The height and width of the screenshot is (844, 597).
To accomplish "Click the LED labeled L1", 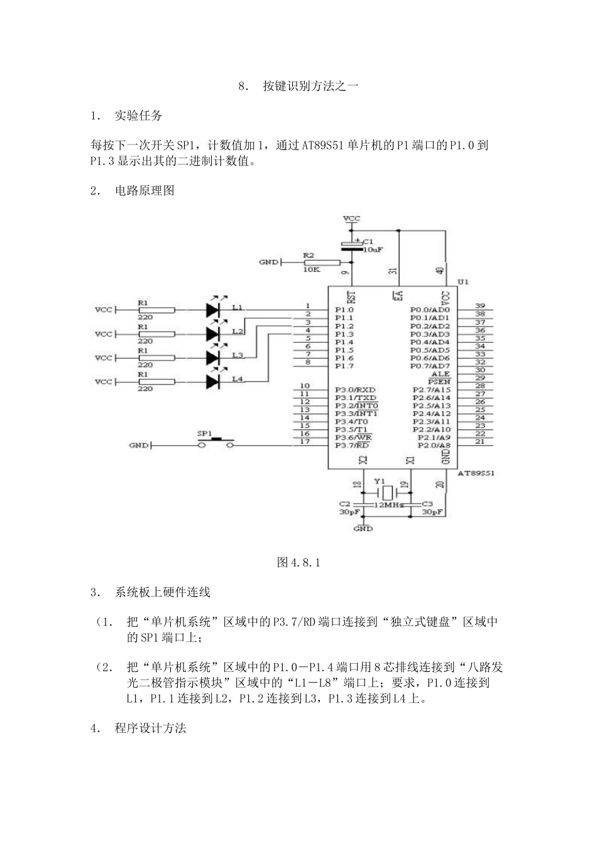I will point(214,309).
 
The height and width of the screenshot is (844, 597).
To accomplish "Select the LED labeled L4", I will point(214,381).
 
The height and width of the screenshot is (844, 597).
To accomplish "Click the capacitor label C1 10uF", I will point(372,246).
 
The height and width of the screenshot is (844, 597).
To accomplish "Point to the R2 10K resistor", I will point(321,262).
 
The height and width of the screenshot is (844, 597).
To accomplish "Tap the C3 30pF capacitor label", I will point(432,508).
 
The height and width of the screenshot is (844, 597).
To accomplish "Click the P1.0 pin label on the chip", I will point(344,310).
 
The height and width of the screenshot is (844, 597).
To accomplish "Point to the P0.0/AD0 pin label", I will point(430,310).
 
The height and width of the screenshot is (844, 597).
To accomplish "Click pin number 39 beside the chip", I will point(479,306).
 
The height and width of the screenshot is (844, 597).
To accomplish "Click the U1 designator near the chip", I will point(463,282).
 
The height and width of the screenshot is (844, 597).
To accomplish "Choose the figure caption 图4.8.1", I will point(298,563).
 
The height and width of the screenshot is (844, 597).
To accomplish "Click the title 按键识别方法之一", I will point(310,86).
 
